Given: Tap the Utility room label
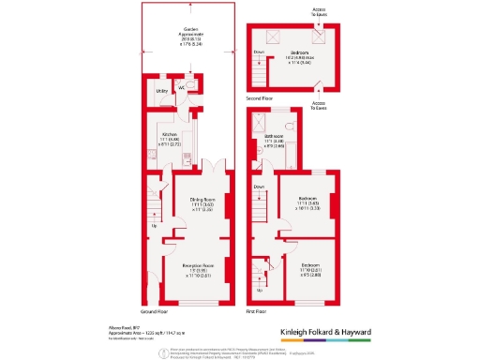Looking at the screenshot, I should [x=161, y=91].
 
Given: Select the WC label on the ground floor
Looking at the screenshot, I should [x=182, y=88].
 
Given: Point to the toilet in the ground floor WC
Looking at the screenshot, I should [x=189, y=82].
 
